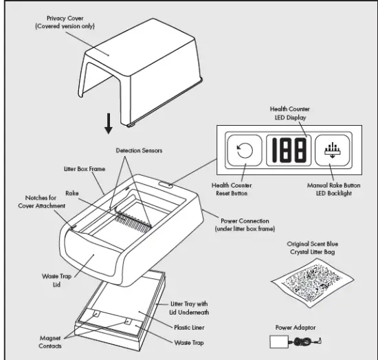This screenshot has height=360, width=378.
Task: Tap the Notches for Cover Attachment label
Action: [x=46, y=202]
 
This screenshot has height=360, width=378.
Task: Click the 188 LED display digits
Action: [x=287, y=150]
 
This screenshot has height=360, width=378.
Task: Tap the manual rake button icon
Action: [x=332, y=150]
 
